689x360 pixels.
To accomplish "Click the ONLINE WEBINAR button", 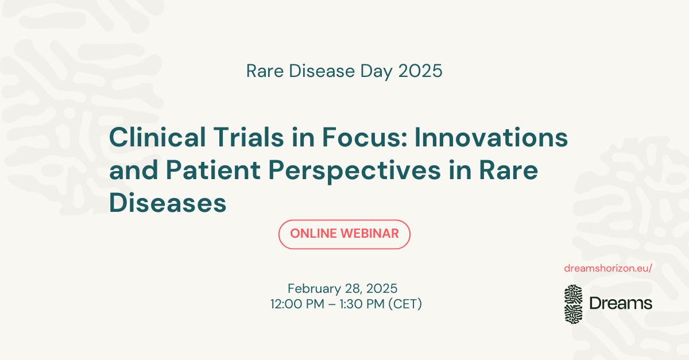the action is (x=344, y=234).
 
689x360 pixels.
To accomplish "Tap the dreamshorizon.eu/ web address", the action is (x=608, y=268).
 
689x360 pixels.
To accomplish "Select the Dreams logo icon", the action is (x=574, y=304).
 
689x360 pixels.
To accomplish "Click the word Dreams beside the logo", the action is (x=621, y=303).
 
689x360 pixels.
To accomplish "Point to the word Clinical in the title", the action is (x=157, y=137).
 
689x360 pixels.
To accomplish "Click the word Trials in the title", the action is (x=249, y=137).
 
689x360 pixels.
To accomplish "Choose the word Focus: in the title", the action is (x=365, y=137).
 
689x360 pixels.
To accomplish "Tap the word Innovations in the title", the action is (x=491, y=137).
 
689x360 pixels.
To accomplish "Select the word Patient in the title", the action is (x=213, y=170).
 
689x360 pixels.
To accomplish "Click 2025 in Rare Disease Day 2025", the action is (x=420, y=71).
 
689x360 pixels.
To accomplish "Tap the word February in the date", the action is (x=314, y=289).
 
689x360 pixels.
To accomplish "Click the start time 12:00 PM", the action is (x=297, y=304).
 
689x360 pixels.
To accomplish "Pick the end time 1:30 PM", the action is (x=362, y=304).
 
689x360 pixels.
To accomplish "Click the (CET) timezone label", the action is (x=405, y=304).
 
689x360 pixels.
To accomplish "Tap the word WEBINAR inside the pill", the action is (x=369, y=234).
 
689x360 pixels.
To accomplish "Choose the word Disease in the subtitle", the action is (x=322, y=71).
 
